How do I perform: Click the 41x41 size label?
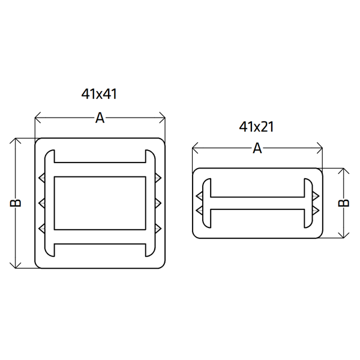[x=99, y=94]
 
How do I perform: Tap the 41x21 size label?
[x=256, y=127]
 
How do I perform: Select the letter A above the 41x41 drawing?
[x=100, y=118]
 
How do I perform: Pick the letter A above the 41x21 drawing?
[x=257, y=148]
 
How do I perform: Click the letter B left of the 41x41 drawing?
[x=16, y=203]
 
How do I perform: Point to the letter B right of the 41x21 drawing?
[x=344, y=203]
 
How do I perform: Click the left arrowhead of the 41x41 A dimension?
[x=38, y=118]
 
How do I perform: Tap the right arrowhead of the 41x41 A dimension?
[x=163, y=118]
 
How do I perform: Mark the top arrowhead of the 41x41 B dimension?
[x=16, y=141]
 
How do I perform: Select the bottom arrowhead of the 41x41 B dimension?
[x=16, y=265]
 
